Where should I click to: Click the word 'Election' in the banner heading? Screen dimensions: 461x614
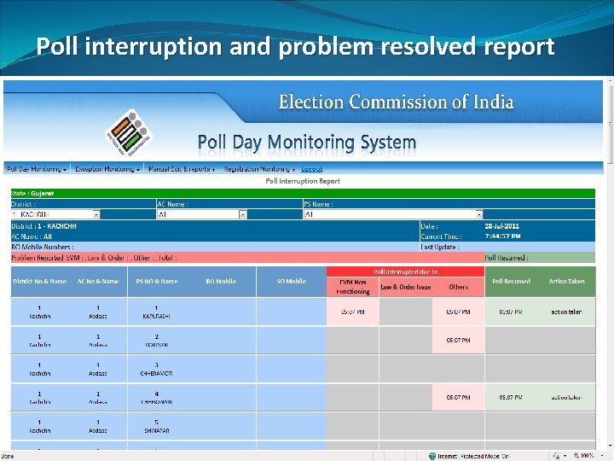(x=310, y=102)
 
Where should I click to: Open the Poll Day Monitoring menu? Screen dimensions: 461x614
(x=38, y=170)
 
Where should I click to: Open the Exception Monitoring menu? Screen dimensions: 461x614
(x=107, y=170)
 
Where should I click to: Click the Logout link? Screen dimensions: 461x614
(x=311, y=170)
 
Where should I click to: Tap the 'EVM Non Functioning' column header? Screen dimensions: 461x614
(x=353, y=286)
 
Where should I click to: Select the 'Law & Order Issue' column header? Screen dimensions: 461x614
(x=406, y=287)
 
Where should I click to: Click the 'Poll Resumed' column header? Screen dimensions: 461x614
(x=511, y=281)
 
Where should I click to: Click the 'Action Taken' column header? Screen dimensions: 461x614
(x=566, y=281)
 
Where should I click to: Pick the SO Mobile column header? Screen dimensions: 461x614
(x=291, y=281)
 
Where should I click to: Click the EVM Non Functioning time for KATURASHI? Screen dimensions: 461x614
(x=353, y=312)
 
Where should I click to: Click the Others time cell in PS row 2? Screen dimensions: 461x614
(x=458, y=340)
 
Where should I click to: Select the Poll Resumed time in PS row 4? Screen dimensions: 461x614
(x=511, y=397)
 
